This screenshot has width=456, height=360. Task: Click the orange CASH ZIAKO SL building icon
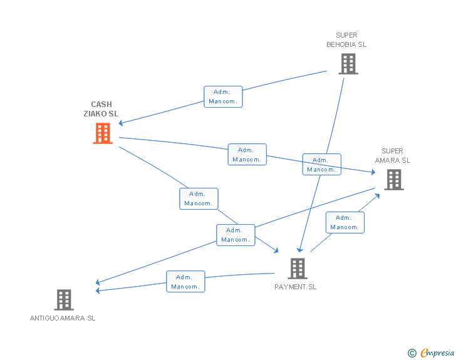[103, 133]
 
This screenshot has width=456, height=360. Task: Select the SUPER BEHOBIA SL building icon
[348, 64]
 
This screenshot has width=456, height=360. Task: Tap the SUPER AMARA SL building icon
[393, 180]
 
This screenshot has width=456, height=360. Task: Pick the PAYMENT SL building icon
[298, 269]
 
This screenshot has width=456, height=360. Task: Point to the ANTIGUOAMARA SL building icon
[64, 300]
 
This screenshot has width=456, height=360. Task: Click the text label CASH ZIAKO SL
[101, 109]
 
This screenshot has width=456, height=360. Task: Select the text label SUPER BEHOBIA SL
[346, 40]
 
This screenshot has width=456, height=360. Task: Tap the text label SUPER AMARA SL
[393, 155]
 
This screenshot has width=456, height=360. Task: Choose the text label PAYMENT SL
[296, 287]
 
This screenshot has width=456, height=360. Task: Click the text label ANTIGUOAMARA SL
[63, 318]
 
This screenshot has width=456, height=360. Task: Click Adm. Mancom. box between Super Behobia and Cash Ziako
[223, 96]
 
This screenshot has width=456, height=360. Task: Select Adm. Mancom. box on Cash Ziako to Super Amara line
[247, 155]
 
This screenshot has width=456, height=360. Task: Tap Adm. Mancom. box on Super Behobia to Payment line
[321, 165]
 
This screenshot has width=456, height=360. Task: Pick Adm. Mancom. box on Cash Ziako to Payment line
[199, 198]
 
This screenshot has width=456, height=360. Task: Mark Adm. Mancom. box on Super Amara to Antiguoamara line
[236, 235]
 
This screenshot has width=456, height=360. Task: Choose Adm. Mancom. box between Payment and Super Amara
[345, 222]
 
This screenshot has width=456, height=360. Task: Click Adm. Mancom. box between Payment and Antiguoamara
[185, 282]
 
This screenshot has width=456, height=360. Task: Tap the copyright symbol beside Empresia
[412, 353]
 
